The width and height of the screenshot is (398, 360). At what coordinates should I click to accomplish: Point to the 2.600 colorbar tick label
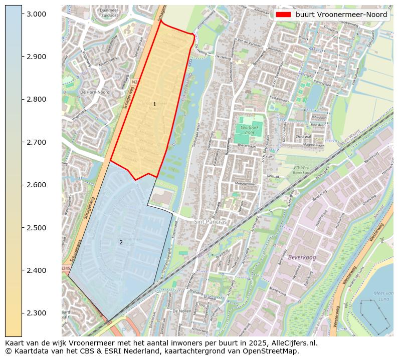pyautogui.click(x=38, y=185)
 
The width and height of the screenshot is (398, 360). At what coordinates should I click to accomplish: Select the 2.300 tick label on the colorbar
pyautogui.click(x=38, y=313)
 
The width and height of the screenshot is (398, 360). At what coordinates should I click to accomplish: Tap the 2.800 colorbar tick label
pyautogui.click(x=38, y=100)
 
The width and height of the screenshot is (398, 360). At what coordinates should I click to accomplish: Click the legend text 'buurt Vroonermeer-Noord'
pyautogui.click(x=341, y=15)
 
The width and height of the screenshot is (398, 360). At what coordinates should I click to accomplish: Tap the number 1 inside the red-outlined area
pyautogui.click(x=154, y=105)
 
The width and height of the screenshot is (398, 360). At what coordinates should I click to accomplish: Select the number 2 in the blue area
pyautogui.click(x=121, y=243)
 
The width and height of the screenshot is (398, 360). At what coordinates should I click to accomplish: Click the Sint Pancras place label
pyautogui.click(x=211, y=221)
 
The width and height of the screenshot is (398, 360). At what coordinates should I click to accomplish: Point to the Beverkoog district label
pyautogui.click(x=302, y=257)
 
